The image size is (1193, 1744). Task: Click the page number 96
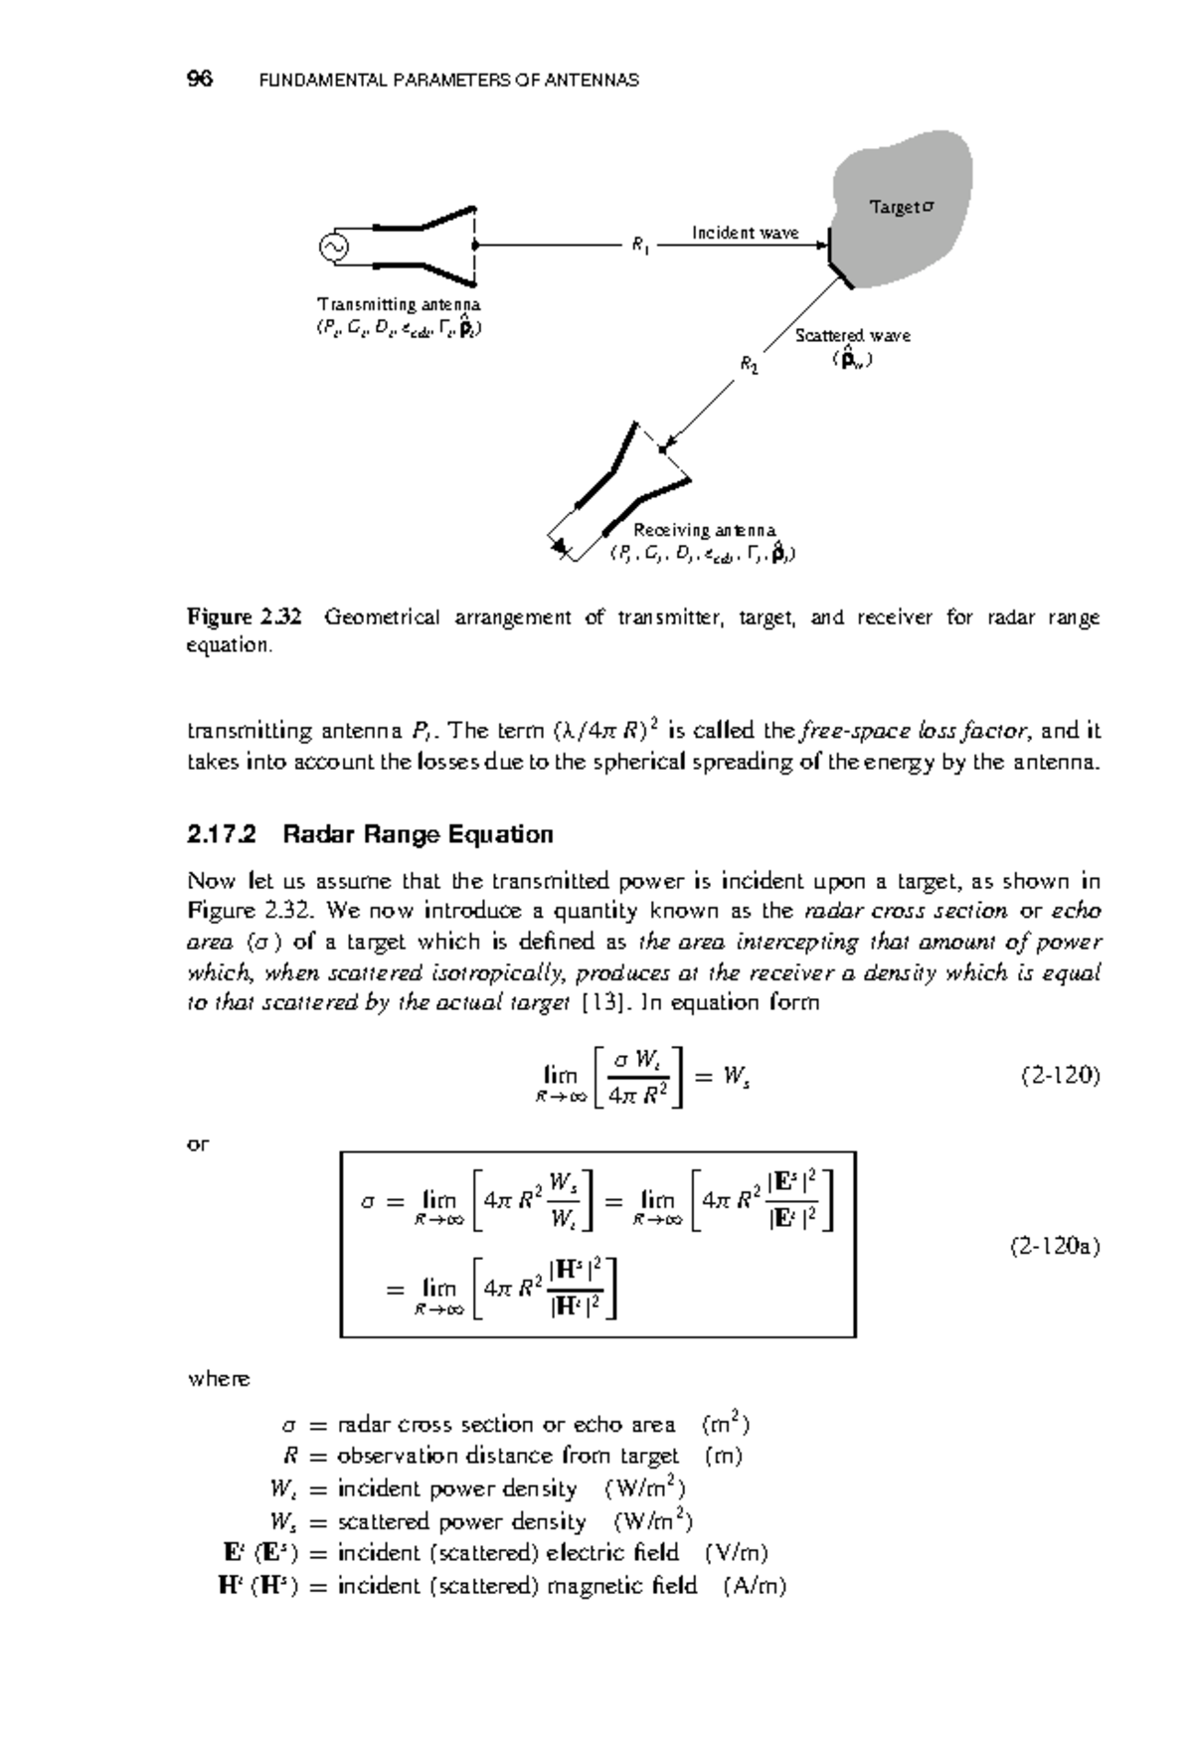click(x=200, y=80)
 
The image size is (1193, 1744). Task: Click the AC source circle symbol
click(x=332, y=246)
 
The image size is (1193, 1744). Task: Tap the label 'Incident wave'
click(x=745, y=233)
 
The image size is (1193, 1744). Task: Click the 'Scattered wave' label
click(x=852, y=336)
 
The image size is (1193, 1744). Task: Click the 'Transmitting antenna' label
click(x=399, y=304)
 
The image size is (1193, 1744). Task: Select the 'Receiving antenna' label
click(x=704, y=531)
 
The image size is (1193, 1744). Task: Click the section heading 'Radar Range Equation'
click(x=418, y=834)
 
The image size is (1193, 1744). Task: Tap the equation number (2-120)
click(x=1060, y=1076)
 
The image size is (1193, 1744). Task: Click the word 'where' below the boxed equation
click(x=219, y=1379)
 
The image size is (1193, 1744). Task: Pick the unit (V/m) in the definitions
click(x=736, y=1553)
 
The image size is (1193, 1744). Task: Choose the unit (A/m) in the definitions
click(x=755, y=1586)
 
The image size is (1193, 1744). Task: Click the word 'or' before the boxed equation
click(x=198, y=1144)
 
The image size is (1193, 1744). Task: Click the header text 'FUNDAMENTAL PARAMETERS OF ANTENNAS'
click(x=448, y=81)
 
